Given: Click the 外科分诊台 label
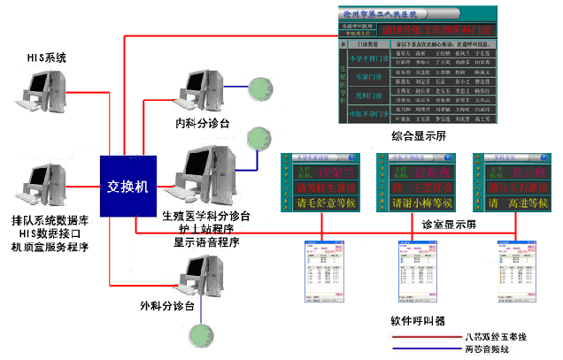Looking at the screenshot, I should [x=167, y=306].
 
